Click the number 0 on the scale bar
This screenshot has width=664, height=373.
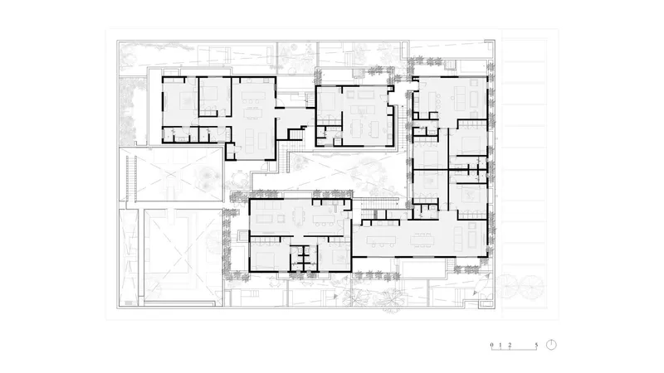(491, 345)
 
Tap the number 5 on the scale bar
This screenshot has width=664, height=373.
(536, 345)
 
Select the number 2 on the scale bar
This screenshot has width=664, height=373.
(510, 345)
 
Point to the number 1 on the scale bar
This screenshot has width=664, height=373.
(500, 345)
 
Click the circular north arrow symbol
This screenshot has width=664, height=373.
(551, 345)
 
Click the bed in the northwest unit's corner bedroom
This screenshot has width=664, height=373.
(185, 100)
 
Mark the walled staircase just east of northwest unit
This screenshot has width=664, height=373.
(296, 133)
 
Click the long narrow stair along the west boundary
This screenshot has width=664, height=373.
(131, 177)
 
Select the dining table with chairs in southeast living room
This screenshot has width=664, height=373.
(422, 240)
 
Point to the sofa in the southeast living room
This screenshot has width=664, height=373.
(458, 239)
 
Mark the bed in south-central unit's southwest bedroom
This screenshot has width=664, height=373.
(264, 256)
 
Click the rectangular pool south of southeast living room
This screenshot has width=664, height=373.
(422, 270)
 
